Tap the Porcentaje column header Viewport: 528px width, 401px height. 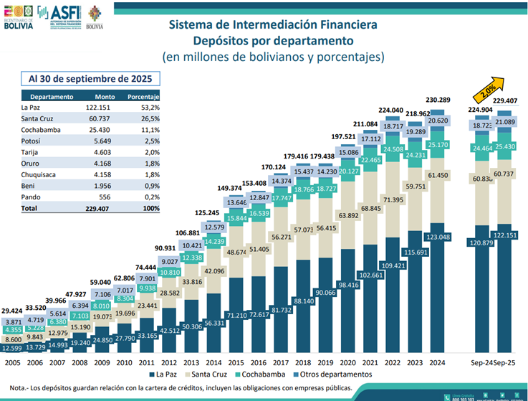pyautogui.click(x=143, y=95)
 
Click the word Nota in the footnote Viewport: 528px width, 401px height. pyautogui.click(x=14, y=388)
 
